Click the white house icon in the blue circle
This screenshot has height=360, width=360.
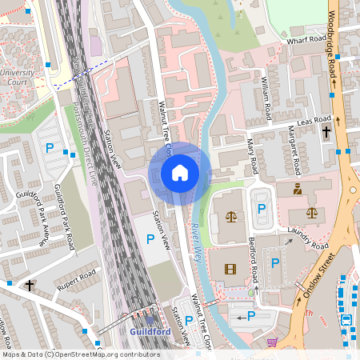pyautogui.click(x=179, y=173)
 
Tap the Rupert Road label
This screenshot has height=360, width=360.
pyautogui.click(x=75, y=280)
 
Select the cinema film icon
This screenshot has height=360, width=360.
pyautogui.click(x=231, y=269)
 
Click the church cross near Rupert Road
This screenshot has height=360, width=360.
pyautogui.click(x=30, y=285)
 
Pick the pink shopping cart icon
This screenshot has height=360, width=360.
pyautogui.click(x=271, y=342)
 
